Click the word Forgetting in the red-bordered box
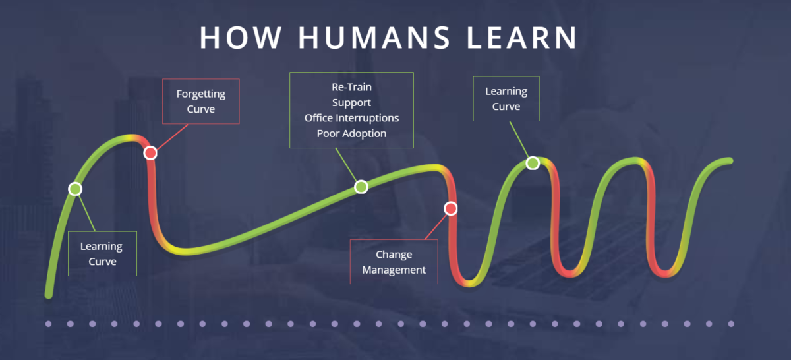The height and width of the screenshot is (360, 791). (x=200, y=94)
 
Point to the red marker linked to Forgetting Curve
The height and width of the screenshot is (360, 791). (x=150, y=153)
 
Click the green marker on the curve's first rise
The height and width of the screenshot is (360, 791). (x=75, y=189)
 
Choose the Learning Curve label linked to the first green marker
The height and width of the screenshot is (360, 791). (x=102, y=254)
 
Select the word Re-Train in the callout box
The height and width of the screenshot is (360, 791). (x=351, y=87)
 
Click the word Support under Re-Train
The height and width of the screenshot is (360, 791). (x=351, y=103)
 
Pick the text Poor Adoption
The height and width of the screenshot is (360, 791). (x=351, y=133)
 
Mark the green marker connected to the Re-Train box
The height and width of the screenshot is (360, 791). (x=361, y=187)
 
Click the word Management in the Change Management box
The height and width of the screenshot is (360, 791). (x=394, y=270)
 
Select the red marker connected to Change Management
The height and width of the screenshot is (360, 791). (x=450, y=208)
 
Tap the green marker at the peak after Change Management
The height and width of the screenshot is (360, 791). (x=533, y=163)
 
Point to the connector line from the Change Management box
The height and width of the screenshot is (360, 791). (x=434, y=228)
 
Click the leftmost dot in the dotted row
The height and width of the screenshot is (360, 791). (x=48, y=324)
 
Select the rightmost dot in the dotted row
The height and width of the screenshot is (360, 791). (x=730, y=324)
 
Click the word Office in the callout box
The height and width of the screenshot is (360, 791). (x=320, y=118)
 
